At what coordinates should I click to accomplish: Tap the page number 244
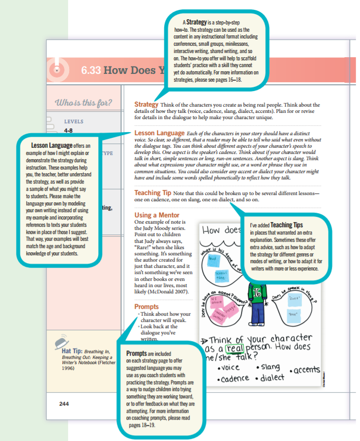pos(64,403)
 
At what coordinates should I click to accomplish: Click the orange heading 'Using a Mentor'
pos(157,215)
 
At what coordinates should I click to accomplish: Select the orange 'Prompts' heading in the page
pos(146,307)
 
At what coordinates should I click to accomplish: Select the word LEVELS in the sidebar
pos(73,122)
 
